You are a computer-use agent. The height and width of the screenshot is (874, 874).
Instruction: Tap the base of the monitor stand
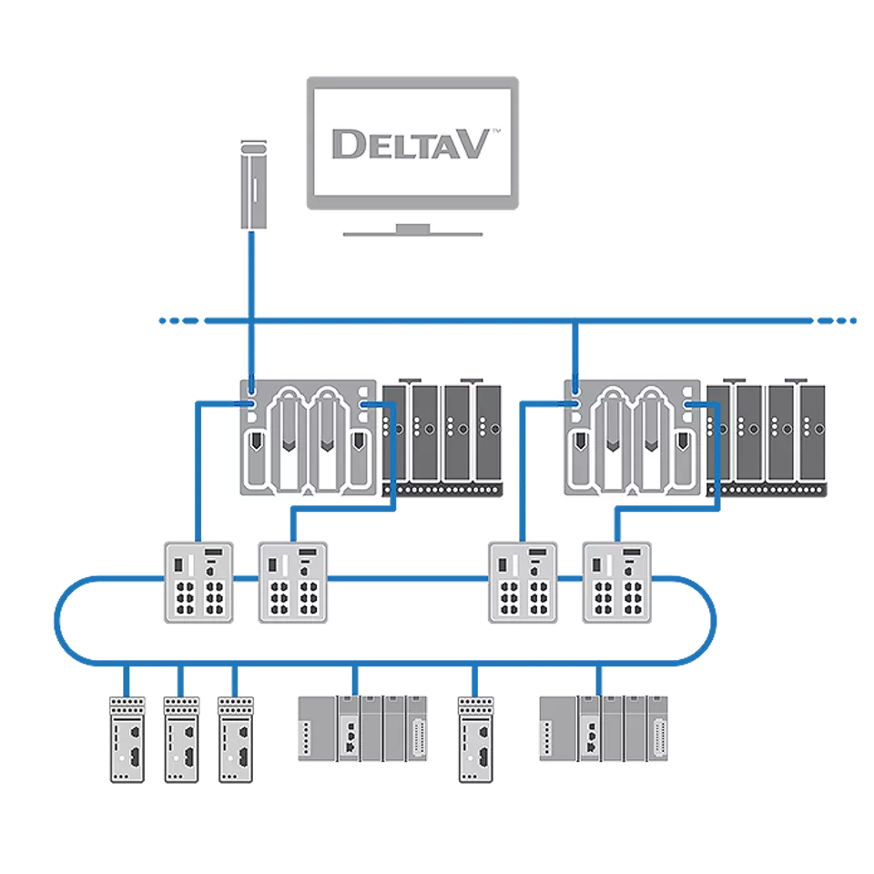pyautogui.click(x=412, y=231)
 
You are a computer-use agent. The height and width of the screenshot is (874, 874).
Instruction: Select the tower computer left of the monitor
pyautogui.click(x=253, y=185)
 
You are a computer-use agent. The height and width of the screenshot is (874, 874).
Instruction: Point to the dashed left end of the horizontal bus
pyautogui.click(x=178, y=320)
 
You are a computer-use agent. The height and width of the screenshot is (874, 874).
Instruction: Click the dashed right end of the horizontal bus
pyautogui.click(x=836, y=320)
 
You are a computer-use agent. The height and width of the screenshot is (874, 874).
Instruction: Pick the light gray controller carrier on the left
pyautogui.click(x=309, y=437)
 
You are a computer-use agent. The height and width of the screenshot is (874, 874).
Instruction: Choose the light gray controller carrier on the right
pyautogui.click(x=633, y=437)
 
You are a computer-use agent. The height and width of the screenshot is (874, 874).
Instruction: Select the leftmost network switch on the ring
pyautogui.click(x=198, y=582)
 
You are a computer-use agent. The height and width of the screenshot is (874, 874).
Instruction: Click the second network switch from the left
pyautogui.click(x=293, y=582)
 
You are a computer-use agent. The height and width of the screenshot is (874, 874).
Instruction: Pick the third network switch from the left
pyautogui.click(x=523, y=582)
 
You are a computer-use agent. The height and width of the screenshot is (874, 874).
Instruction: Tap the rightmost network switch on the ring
pyautogui.click(x=617, y=582)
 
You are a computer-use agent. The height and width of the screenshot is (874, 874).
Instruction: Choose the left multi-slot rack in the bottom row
pyautogui.click(x=363, y=727)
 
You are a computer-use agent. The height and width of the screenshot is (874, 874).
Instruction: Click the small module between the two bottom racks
pyautogui.click(x=474, y=738)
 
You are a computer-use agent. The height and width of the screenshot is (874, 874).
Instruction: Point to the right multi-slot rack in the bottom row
pyautogui.click(x=604, y=727)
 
